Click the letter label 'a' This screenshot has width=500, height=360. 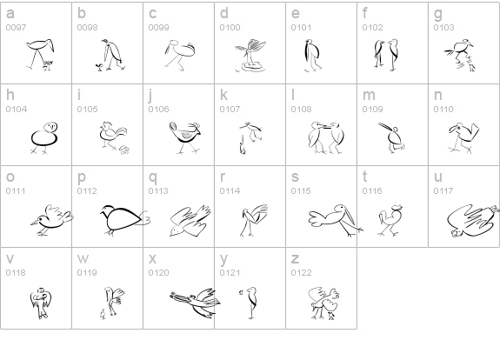click(10, 13)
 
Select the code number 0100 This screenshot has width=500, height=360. click(230, 28)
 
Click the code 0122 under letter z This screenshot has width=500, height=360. click(302, 273)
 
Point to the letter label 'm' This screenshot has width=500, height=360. click(369, 95)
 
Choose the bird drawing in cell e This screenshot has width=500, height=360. click(312, 55)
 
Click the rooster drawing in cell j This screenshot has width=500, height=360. click(185, 137)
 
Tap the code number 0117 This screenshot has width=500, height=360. click(443, 191)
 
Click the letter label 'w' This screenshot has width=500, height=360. click(83, 258)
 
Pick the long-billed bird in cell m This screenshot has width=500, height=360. click(392, 137)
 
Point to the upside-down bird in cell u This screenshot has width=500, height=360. click(473, 221)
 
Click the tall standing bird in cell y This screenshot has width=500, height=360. click(250, 303)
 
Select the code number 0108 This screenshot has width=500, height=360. click(302, 110)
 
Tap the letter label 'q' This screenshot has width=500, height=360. click(153, 177)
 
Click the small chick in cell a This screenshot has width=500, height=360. click(48, 65)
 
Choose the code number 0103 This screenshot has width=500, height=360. click(443, 28)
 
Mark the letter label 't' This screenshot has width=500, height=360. click(365, 177)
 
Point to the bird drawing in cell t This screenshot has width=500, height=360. click(390, 220)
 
